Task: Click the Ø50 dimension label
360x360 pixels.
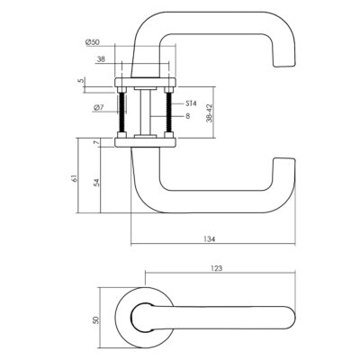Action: (x=92, y=42)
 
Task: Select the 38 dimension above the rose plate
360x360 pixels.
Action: (x=102, y=59)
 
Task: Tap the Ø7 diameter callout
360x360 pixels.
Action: (x=98, y=107)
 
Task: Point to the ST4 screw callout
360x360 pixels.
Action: (x=191, y=103)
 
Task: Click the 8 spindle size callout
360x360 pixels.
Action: (x=188, y=116)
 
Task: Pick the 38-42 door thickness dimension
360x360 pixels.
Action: (x=210, y=112)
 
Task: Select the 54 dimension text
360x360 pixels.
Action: (x=96, y=183)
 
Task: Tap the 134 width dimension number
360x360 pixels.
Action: (x=210, y=239)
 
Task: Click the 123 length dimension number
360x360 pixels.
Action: (x=217, y=268)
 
